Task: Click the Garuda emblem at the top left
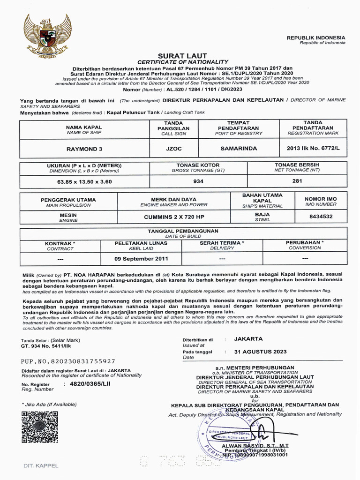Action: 47,36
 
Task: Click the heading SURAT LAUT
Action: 182,55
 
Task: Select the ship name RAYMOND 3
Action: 84,150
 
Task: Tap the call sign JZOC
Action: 173,150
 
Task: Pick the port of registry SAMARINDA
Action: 239,149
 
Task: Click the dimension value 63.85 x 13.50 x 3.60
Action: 84,181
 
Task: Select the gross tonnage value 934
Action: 198,181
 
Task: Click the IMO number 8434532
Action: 321,217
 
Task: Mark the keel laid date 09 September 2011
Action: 142,259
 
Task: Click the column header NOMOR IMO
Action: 321,199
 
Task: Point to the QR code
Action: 40,427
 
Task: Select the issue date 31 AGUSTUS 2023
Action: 254,352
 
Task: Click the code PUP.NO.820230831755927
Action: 68,361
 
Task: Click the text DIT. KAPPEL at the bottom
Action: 41,465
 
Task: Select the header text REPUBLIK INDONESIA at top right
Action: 316,37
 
